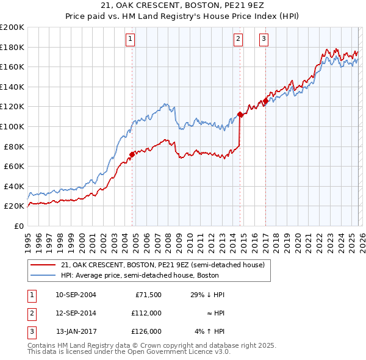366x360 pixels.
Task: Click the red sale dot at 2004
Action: [132, 154]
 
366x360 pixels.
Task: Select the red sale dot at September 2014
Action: [240, 114]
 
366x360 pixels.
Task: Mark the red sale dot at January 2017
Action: [265, 101]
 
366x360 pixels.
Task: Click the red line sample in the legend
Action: [43, 265]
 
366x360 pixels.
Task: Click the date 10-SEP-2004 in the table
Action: [76, 295]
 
